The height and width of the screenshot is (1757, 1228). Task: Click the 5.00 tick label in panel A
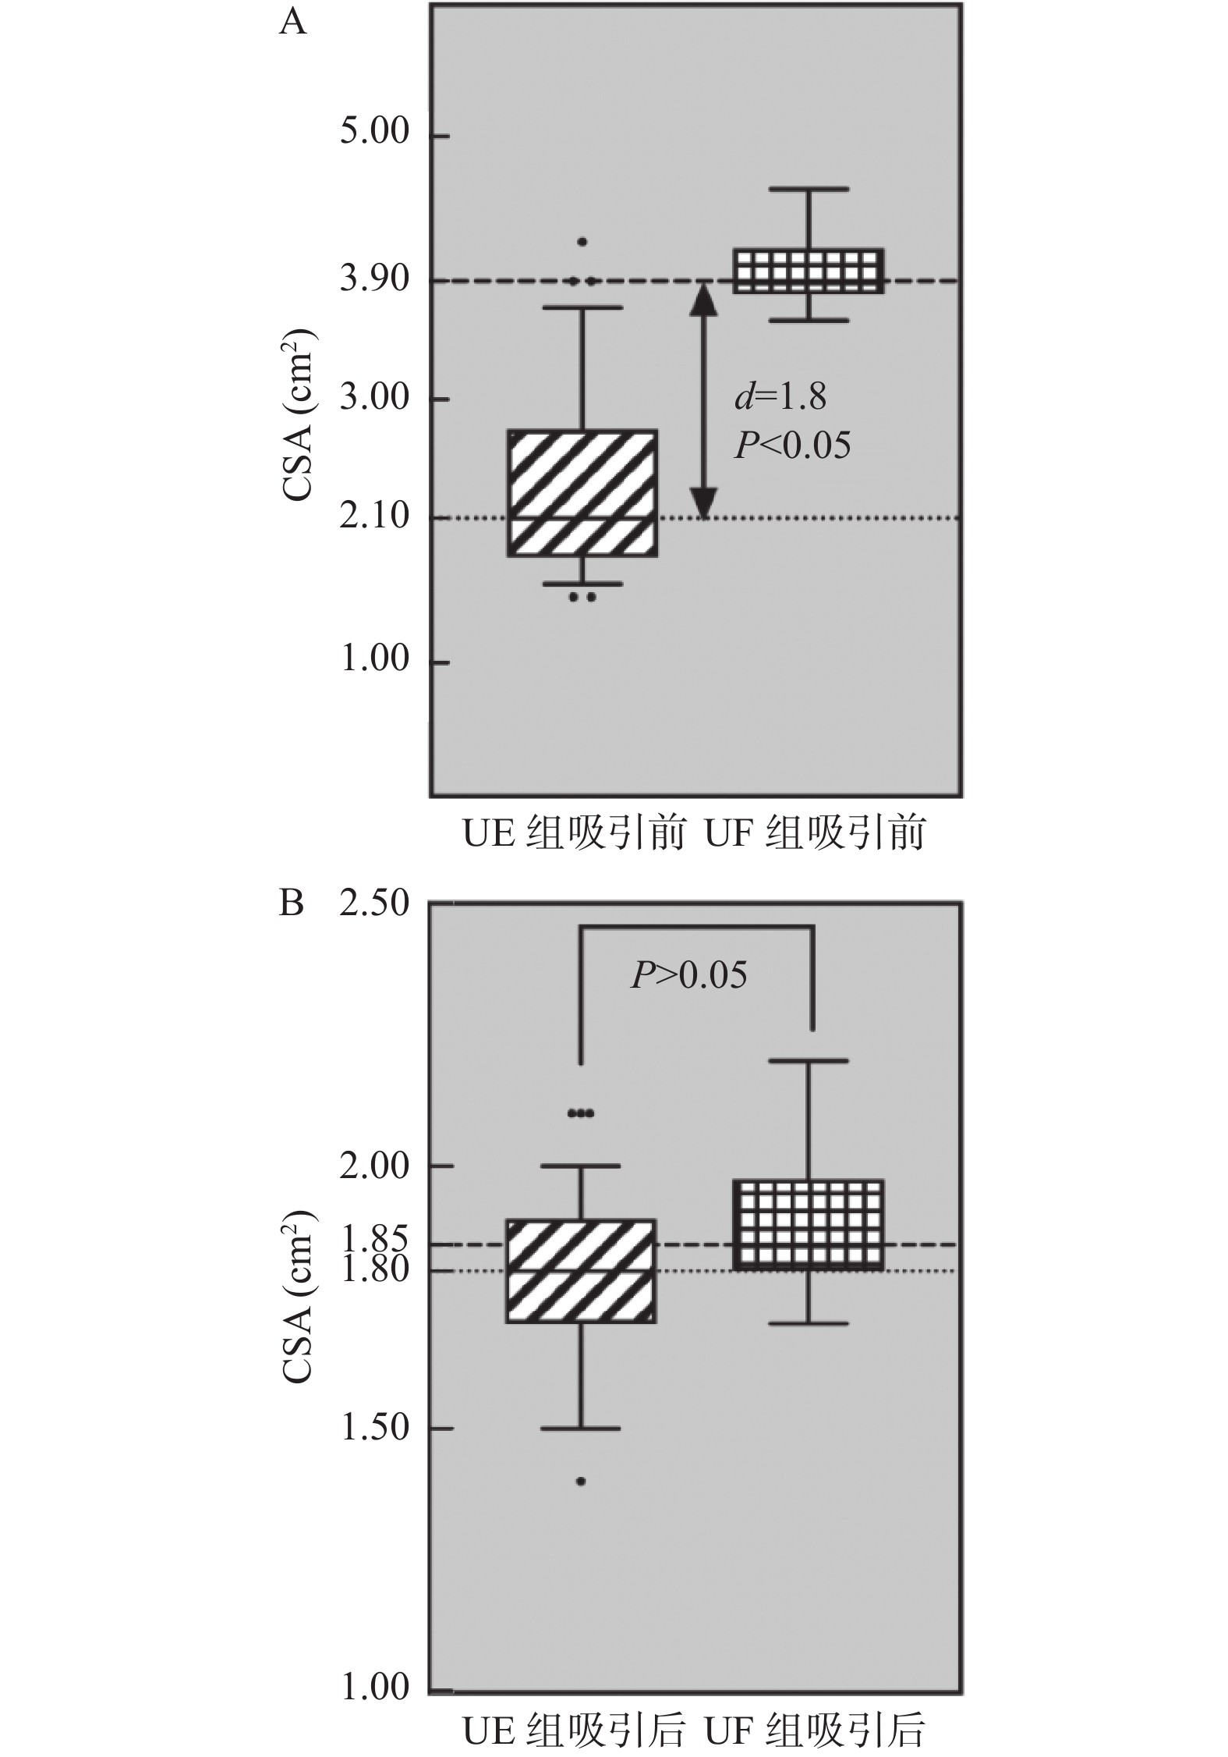pyautogui.click(x=374, y=132)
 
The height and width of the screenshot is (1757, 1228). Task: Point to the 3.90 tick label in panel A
pyautogui.click(x=374, y=279)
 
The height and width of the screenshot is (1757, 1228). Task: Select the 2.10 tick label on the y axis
pyautogui.click(x=374, y=516)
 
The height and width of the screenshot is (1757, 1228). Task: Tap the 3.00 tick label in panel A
pyautogui.click(x=374, y=397)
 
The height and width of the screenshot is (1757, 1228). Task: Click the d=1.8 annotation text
pyautogui.click(x=780, y=397)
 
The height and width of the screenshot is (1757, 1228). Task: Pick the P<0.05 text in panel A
pyautogui.click(x=792, y=445)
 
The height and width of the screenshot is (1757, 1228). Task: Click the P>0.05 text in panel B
pyautogui.click(x=688, y=974)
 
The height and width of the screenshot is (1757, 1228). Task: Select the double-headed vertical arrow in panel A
pyautogui.click(x=704, y=399)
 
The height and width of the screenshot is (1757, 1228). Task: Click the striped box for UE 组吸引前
pyautogui.click(x=582, y=493)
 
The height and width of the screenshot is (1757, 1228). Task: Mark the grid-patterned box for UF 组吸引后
pyautogui.click(x=811, y=1224)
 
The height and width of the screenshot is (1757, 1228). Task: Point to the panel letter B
pyautogui.click(x=291, y=904)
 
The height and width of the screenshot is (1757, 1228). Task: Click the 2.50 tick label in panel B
pyautogui.click(x=375, y=903)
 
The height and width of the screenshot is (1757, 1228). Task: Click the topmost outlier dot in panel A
pyautogui.click(x=582, y=242)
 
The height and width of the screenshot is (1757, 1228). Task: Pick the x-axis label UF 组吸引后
pyautogui.click(x=814, y=1725)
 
